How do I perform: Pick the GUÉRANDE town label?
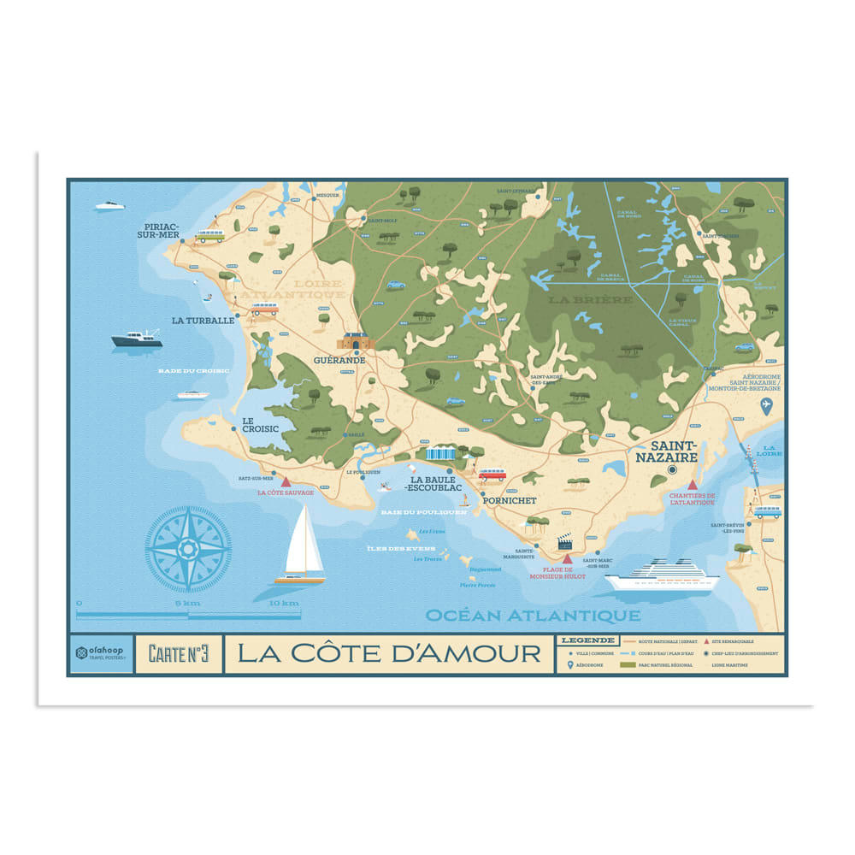[339, 360]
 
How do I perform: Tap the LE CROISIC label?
[260, 424]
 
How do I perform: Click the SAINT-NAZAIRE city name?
[675, 451]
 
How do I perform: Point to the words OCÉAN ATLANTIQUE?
[532, 615]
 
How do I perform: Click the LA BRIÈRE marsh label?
[591, 300]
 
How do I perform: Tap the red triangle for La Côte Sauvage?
[286, 482]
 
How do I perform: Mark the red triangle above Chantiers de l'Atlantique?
[693, 485]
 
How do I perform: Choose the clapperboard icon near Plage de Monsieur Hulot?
[564, 542]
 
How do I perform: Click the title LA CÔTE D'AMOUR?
[389, 654]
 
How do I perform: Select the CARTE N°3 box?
[179, 654]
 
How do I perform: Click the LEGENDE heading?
[586, 640]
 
